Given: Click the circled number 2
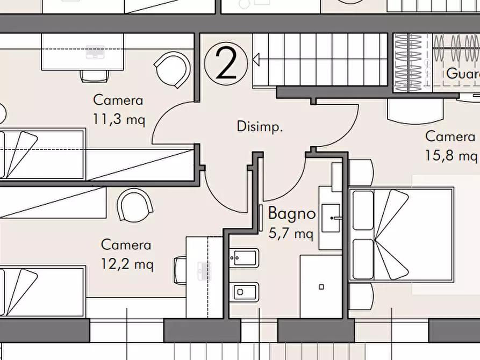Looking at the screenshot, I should pos(226,64).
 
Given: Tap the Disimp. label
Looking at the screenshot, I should pos(260,127).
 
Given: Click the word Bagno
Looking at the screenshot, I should pos(291,213).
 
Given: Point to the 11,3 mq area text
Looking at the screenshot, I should pos(118,119).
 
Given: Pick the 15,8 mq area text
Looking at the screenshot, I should pos(451,155).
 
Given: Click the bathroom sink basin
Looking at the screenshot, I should pos(331,218).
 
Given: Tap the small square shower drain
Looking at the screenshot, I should pos(321,287).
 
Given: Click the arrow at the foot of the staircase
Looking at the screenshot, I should pos(256,59).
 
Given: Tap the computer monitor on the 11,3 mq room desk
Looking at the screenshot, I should pos(96,52).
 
